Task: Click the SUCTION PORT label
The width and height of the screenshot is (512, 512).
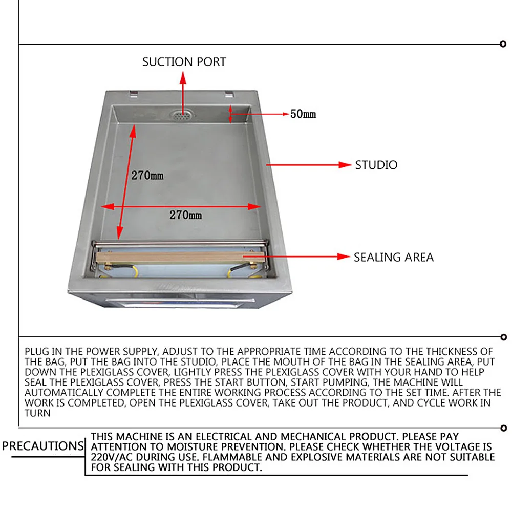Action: (x=184, y=62)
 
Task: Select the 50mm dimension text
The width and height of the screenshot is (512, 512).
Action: (x=303, y=114)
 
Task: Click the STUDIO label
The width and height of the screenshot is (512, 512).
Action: (x=376, y=165)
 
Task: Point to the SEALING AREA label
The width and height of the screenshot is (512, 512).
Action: (x=393, y=257)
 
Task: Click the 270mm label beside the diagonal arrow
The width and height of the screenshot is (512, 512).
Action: (x=147, y=175)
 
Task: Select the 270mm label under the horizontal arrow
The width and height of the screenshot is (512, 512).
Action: (x=185, y=215)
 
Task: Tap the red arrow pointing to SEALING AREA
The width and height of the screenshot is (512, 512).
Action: (x=297, y=257)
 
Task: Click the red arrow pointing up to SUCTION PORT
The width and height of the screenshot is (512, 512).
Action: (x=183, y=90)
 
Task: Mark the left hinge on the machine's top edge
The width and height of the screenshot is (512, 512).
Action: (x=133, y=93)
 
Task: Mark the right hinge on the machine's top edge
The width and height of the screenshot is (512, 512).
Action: (x=228, y=94)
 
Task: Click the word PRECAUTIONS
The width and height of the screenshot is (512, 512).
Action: (x=42, y=446)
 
